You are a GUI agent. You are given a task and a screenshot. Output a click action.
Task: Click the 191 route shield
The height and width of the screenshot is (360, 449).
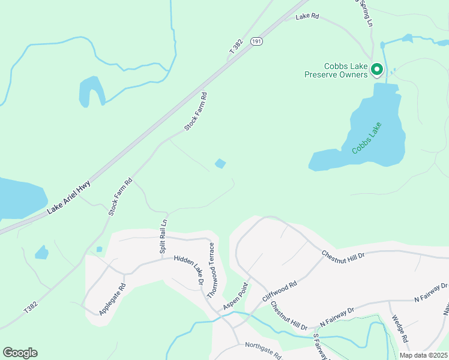click(257, 41)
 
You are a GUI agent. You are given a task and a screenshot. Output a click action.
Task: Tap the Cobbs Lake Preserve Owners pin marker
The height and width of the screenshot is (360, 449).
click(377, 70)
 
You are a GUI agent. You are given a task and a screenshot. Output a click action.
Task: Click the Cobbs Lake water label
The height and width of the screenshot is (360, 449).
click(367, 139)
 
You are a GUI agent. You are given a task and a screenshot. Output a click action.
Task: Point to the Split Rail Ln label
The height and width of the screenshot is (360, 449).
click(163, 236)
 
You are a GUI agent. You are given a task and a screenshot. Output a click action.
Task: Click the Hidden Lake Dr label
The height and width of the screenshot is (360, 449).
click(190, 269)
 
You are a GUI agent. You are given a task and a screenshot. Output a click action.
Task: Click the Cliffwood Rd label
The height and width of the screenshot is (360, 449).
click(280, 292)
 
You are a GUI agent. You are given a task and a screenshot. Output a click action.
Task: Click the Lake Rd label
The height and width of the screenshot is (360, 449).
click(308, 17)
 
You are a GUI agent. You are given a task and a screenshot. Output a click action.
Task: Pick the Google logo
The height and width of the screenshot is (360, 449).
click(20, 353)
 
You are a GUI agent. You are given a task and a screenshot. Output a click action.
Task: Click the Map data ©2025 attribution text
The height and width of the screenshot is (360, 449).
click(423, 355)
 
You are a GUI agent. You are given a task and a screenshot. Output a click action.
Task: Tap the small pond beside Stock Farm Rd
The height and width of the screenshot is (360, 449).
click(221, 163)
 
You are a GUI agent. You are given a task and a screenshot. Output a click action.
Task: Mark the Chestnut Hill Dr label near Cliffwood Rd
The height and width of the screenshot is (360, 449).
click(289, 316)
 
